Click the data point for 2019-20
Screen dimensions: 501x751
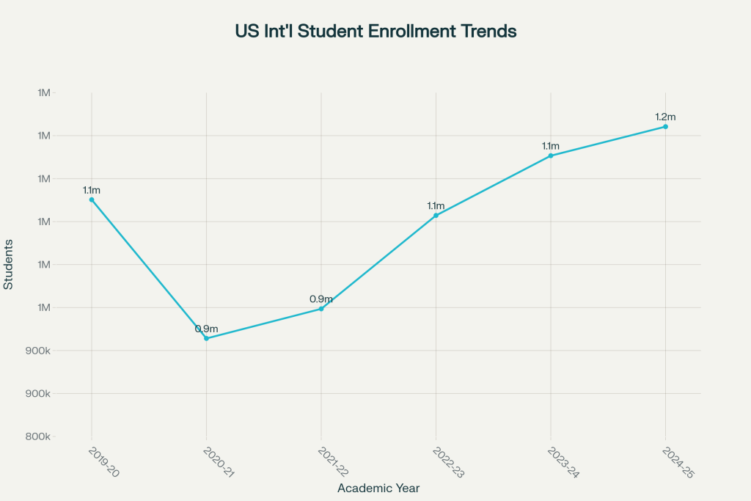point(92,200)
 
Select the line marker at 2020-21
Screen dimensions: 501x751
point(206,338)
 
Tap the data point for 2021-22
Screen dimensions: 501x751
point(321,309)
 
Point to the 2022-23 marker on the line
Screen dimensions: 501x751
point(436,216)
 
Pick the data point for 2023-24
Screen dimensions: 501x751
point(551,156)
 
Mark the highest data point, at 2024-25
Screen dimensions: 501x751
point(665,127)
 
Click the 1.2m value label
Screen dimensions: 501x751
point(665,117)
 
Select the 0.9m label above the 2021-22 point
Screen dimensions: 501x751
point(321,299)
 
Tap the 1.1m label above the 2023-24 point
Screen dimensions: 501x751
point(551,145)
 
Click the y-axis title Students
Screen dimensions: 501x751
point(9,264)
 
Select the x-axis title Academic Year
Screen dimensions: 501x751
point(378,488)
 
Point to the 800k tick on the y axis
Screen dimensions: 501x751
point(37,436)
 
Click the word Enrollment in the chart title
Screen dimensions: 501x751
point(381,32)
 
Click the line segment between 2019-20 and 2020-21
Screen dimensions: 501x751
point(149,268)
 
